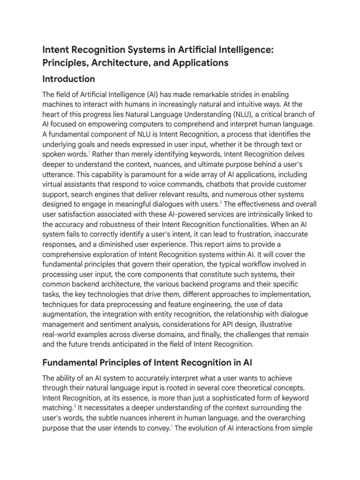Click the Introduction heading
pos(69,79)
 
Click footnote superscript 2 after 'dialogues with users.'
pos(221,202)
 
